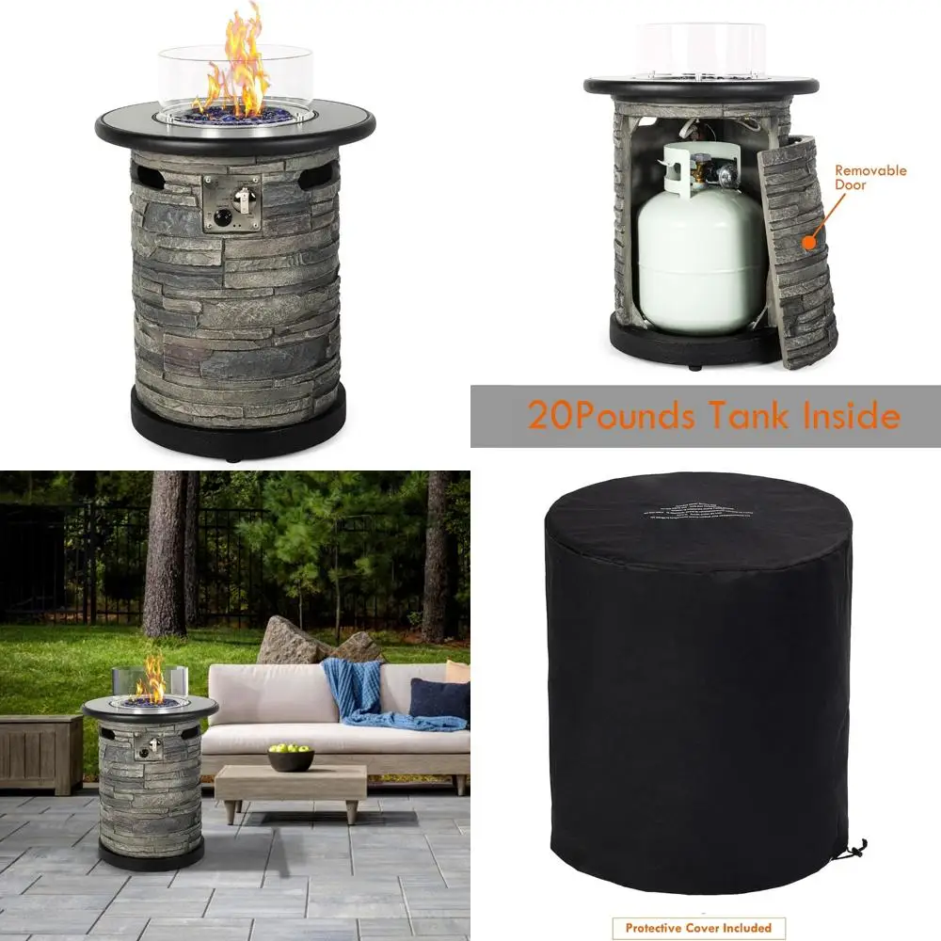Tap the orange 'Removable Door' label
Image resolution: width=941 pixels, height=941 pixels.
(x=870, y=178)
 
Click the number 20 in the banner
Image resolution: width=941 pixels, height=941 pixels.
(x=549, y=415)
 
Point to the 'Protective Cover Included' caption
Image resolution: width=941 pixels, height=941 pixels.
(x=698, y=928)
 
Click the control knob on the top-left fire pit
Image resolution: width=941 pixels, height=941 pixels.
(x=222, y=218)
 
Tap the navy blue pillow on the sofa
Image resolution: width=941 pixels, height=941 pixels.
(x=439, y=698)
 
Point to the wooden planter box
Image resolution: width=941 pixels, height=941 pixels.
(x=40, y=753)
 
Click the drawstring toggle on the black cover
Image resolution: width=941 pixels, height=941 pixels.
(x=854, y=850)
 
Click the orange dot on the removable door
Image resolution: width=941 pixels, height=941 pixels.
(x=807, y=243)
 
